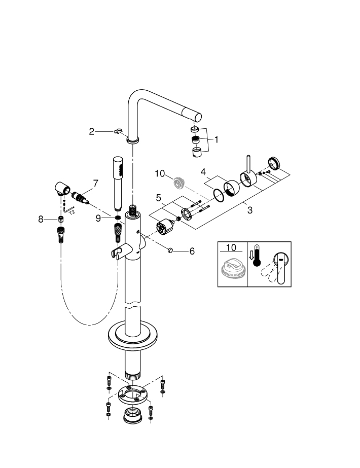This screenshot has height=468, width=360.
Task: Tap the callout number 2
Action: point(92,132)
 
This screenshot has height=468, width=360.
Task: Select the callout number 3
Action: point(249,210)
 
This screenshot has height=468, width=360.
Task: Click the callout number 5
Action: point(158,197)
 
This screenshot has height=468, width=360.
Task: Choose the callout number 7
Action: point(95,183)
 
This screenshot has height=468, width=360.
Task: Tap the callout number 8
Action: point(42,219)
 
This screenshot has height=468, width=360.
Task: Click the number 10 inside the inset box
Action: point(231,248)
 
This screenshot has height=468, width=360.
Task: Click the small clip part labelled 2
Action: point(119,131)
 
